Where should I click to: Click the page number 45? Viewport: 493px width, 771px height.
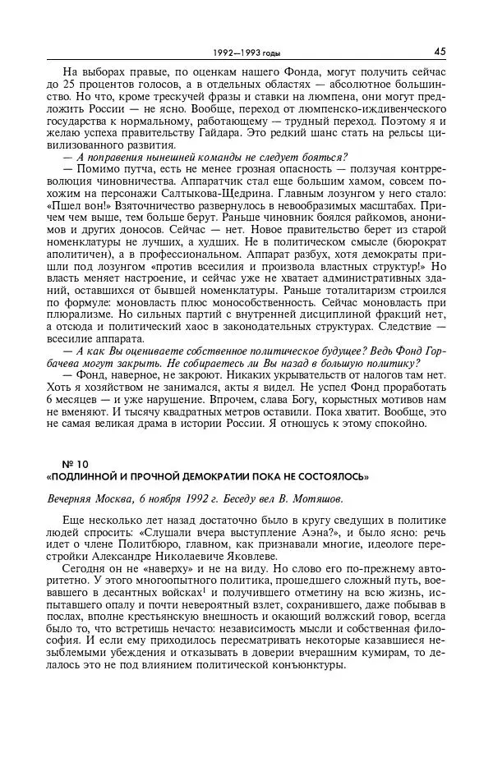pyautogui.click(x=440, y=51)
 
